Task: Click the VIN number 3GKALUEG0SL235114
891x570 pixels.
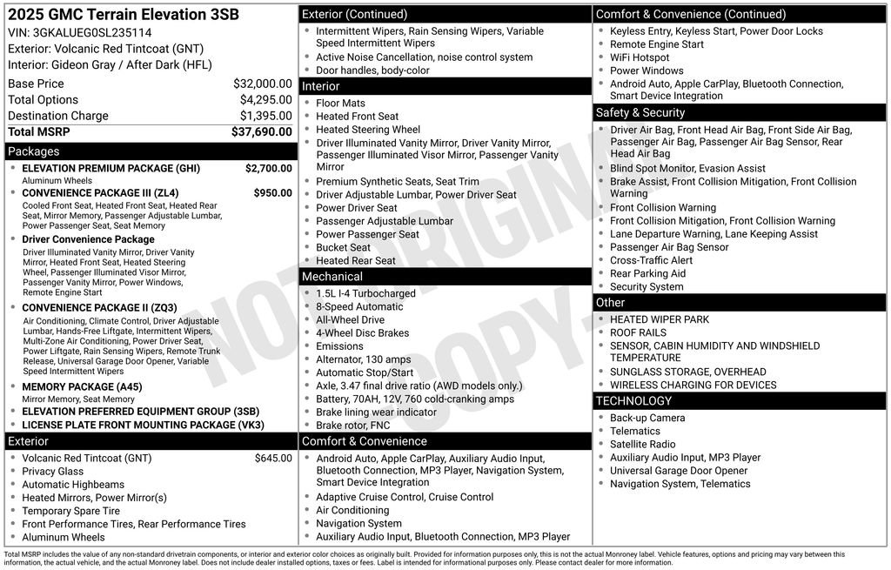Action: [x=85, y=32]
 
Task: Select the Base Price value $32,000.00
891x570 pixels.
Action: [x=262, y=84]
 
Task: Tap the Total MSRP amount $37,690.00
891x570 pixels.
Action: [x=261, y=131]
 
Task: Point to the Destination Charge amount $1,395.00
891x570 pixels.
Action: [x=265, y=116]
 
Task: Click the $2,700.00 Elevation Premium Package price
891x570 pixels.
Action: [x=268, y=168]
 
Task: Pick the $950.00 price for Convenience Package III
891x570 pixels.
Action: [x=272, y=192]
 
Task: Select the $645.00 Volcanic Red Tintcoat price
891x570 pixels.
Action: [x=273, y=458]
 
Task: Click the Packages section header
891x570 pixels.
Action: [x=34, y=151]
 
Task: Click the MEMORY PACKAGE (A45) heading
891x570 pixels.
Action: [x=82, y=387]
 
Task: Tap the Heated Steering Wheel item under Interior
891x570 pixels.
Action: [x=367, y=130]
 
